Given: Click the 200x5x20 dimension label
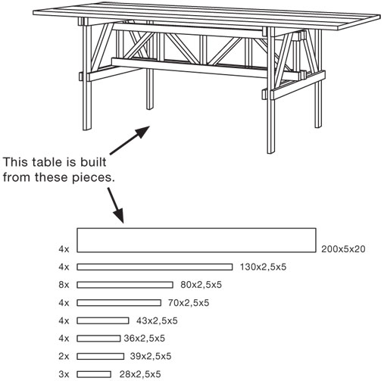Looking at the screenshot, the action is click(343, 249).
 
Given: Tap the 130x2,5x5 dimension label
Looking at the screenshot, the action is click(263, 267).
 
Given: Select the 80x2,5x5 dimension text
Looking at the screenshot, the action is click(201, 285).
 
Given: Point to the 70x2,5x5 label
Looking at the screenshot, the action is click(189, 303).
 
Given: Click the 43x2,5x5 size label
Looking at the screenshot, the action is click(157, 320).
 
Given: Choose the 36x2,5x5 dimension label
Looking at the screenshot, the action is click(144, 339).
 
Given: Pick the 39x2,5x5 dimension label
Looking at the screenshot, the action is click(151, 356).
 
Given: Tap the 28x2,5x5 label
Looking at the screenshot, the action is click(140, 374).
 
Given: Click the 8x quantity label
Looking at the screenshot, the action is click(64, 285).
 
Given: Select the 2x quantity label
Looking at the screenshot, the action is click(64, 356).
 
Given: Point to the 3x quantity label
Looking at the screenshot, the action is click(64, 374).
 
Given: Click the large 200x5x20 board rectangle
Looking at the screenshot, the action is click(196, 240).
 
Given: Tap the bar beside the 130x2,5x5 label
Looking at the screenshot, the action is click(155, 267).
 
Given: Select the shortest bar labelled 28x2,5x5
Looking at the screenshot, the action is click(94, 374).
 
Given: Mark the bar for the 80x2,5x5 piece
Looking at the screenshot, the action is click(125, 285).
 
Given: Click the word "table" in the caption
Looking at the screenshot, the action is click(47, 162).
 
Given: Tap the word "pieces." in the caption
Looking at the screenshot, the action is click(93, 178).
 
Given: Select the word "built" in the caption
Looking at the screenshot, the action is click(93, 162).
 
